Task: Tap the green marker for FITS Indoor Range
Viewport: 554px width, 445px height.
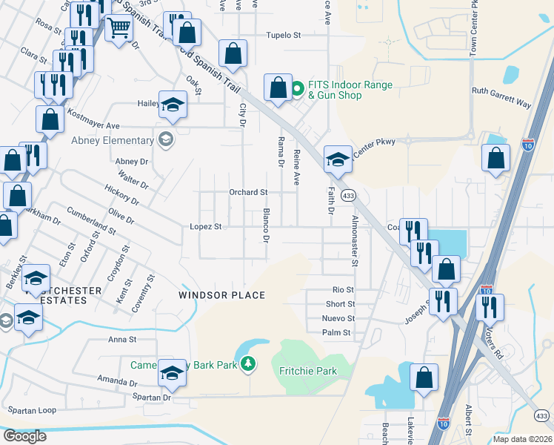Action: (298, 90)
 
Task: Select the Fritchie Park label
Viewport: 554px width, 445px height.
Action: (308, 371)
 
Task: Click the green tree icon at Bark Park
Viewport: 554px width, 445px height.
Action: (250, 363)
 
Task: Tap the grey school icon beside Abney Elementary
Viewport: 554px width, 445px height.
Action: (164, 139)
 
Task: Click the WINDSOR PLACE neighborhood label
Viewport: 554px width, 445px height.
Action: (221, 295)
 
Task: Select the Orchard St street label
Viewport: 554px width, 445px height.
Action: (247, 192)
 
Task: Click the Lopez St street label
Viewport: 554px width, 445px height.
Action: (206, 226)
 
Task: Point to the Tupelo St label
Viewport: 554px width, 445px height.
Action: (284, 35)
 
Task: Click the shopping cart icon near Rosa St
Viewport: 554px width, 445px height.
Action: (119, 28)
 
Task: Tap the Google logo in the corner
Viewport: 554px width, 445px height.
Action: (25, 436)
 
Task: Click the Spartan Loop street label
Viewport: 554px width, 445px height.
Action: (31, 410)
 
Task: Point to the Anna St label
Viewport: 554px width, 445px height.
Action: (123, 340)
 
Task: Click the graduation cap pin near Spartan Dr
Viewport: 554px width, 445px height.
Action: (172, 373)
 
